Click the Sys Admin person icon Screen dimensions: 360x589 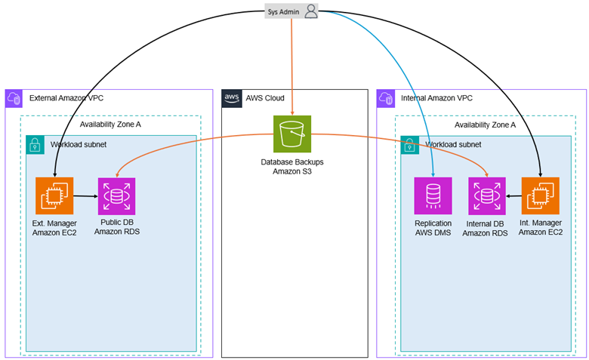point(311,11)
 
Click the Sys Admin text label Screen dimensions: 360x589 point(284,12)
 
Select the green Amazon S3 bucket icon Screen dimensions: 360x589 point(291,134)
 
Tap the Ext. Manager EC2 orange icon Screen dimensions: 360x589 point(54,196)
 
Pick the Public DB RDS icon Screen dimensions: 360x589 point(117,196)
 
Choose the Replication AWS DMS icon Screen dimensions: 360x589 point(433,196)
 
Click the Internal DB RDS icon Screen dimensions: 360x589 point(487,196)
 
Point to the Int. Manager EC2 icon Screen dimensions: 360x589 point(540,196)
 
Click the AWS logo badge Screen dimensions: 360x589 point(231,99)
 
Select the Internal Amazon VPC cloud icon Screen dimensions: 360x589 point(386,99)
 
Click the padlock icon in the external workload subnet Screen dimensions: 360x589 point(35,144)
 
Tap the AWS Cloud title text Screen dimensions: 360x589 point(264,99)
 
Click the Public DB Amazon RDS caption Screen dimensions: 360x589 point(117,227)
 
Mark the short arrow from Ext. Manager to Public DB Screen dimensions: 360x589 point(85,196)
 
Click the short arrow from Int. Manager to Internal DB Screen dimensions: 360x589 point(513,196)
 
